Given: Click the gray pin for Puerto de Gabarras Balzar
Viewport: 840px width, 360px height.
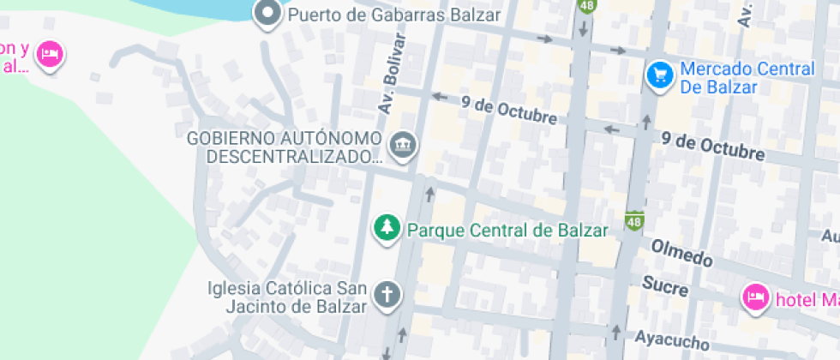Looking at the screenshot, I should tap(268, 14).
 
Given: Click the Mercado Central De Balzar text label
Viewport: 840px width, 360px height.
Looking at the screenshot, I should tap(747, 78).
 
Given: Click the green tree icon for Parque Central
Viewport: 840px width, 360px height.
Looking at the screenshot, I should tap(388, 229).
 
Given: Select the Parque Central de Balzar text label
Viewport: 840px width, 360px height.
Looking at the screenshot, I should tap(507, 230).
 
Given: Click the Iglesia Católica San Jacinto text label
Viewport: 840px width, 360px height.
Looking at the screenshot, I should tap(288, 297).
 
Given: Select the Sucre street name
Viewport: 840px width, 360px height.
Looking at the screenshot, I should tap(665, 285).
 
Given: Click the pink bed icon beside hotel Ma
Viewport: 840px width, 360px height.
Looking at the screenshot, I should tap(755, 297).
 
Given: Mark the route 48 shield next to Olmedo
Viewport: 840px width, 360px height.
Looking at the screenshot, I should tap(634, 221).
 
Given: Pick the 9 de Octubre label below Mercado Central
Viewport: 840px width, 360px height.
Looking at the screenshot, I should tap(713, 146).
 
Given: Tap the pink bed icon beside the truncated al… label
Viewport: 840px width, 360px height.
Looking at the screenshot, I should tap(51, 54).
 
